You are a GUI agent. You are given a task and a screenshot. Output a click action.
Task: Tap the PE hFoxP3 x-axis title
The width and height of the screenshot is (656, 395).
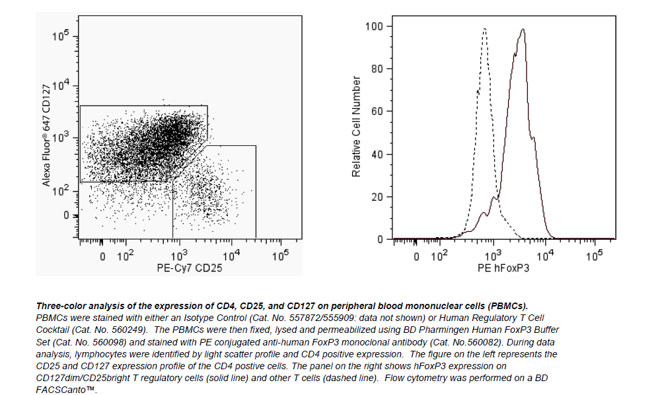[503, 268]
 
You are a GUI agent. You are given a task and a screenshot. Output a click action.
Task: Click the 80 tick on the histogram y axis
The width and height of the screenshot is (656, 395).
[377, 69]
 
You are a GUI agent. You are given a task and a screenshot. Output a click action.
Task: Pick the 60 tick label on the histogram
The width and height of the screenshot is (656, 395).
[377, 112]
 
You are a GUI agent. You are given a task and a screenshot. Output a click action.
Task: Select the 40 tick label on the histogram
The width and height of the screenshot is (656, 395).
[377, 155]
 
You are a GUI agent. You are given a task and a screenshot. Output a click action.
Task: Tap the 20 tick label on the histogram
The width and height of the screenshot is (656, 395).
[377, 197]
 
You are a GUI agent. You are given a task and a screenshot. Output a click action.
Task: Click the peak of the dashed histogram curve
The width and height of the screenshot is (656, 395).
[484, 29]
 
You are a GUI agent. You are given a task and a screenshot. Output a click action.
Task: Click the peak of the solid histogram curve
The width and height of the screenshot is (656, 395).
[523, 29]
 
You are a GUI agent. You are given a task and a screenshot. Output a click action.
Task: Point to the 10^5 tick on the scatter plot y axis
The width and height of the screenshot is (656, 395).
[61, 35]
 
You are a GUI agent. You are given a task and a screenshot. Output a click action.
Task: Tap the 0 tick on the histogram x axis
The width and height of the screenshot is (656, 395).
[416, 256]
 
